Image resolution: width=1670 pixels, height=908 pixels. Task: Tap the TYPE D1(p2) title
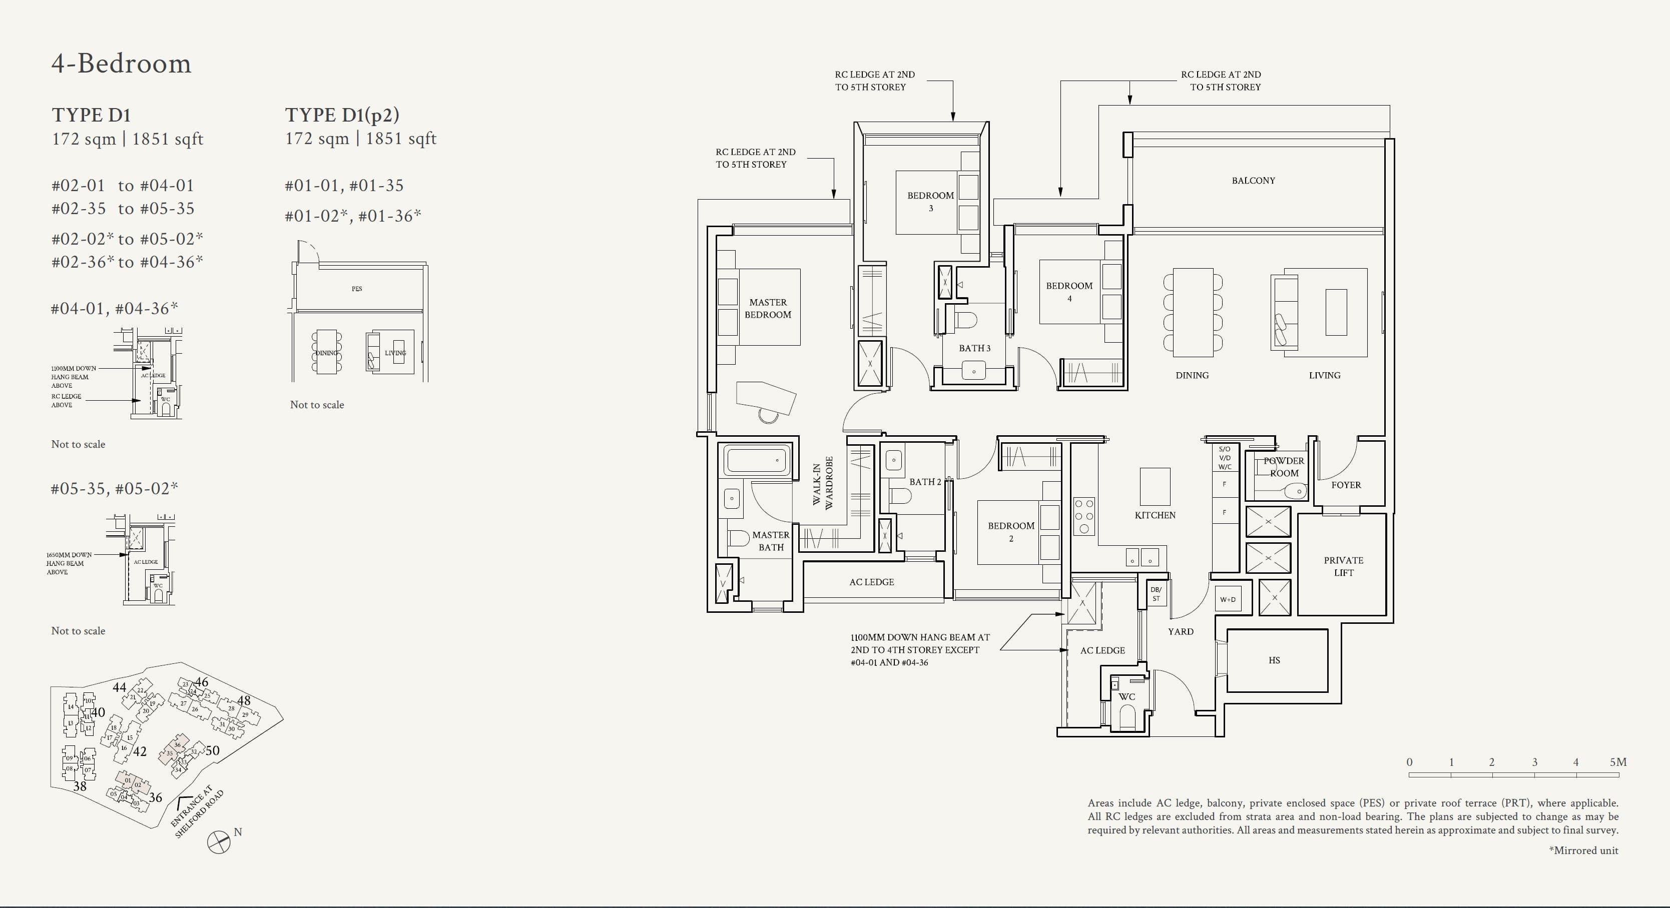pyautogui.click(x=342, y=115)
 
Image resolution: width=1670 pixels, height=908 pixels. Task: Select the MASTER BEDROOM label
pyautogui.click(x=768, y=309)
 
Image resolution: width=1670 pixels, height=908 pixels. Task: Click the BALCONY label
pyautogui.click(x=1253, y=181)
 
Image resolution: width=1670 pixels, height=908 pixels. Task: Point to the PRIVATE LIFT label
pyautogui.click(x=1343, y=566)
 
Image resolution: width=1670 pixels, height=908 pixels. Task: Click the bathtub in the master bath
pyautogui.click(x=757, y=461)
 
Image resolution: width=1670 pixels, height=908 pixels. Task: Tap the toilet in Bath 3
pyautogui.click(x=966, y=320)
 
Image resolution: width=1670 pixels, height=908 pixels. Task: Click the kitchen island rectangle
pyautogui.click(x=1155, y=486)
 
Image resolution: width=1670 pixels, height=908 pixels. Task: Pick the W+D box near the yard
pyautogui.click(x=1227, y=599)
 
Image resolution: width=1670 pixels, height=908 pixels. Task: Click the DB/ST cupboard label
pyautogui.click(x=1156, y=594)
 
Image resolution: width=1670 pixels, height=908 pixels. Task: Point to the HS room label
pyautogui.click(x=1274, y=660)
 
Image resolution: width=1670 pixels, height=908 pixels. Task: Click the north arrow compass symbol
pyautogui.click(x=219, y=842)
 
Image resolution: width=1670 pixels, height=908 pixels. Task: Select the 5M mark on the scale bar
pyautogui.click(x=1617, y=762)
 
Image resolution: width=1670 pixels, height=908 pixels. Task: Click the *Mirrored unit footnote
pyautogui.click(x=1583, y=850)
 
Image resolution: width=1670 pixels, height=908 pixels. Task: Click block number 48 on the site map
pyautogui.click(x=244, y=700)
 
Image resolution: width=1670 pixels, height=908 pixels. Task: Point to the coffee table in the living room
pyautogui.click(x=1336, y=312)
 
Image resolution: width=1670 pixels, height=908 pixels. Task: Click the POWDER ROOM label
pyautogui.click(x=1283, y=467)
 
